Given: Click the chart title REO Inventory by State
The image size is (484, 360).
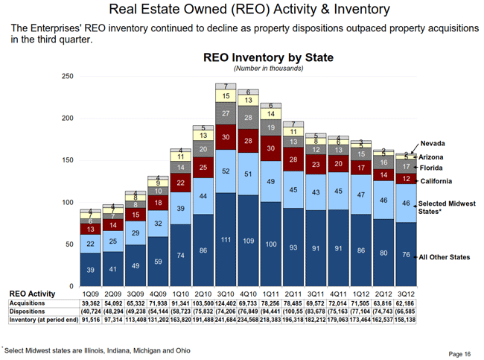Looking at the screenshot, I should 268,57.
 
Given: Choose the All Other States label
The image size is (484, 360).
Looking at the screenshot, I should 445,257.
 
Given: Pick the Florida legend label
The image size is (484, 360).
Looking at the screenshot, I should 434,168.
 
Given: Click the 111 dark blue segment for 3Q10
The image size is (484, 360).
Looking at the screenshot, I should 225,239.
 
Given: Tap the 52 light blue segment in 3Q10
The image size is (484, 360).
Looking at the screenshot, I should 225,171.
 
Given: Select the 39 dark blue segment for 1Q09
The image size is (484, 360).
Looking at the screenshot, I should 90,270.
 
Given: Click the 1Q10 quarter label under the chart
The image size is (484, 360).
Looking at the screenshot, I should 180,294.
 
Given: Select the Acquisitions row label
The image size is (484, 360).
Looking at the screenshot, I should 28,304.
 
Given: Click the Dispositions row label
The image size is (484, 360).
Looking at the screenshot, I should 28,312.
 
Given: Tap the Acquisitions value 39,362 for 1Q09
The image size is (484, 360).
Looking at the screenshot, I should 90,304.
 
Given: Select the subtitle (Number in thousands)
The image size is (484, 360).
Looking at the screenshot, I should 268,69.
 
